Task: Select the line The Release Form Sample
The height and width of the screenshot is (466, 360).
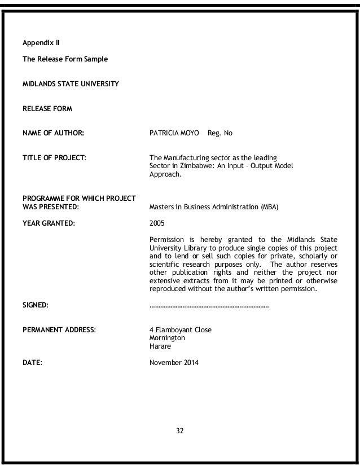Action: (x=57, y=59)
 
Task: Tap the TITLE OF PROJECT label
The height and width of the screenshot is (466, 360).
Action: (x=54, y=157)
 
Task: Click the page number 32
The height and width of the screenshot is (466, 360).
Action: (x=180, y=430)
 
